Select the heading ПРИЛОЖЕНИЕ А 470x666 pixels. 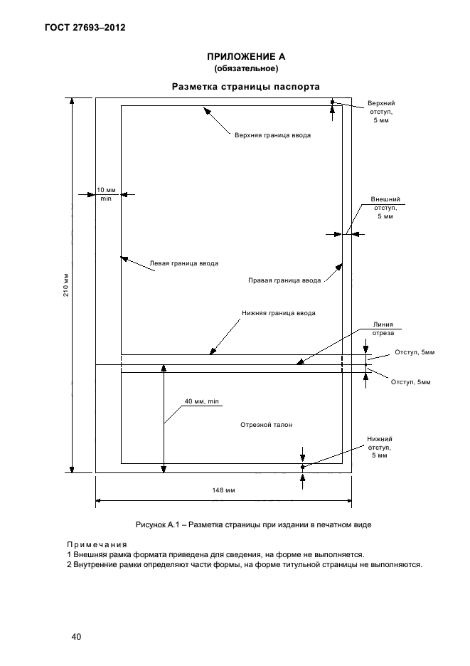tap(246, 56)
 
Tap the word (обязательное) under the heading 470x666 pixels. tap(246, 68)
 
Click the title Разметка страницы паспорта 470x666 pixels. tap(246, 86)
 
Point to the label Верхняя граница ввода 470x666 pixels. tap(272, 134)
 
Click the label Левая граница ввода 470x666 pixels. tap(183, 263)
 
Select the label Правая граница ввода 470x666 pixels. tap(284, 280)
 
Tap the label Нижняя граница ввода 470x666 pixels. tap(278, 312)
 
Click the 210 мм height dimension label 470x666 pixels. tap(64, 285)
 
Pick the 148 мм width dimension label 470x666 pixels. tap(223, 490)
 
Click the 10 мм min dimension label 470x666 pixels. tap(106, 194)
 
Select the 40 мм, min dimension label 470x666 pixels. tap(201, 401)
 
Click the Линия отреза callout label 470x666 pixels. tap(383, 328)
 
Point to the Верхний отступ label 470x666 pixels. tap(382, 112)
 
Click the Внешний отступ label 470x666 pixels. tap(385, 207)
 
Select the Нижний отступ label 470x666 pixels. tap(380, 448)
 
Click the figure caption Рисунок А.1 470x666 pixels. tap(253, 524)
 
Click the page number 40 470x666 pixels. tap(76, 636)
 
